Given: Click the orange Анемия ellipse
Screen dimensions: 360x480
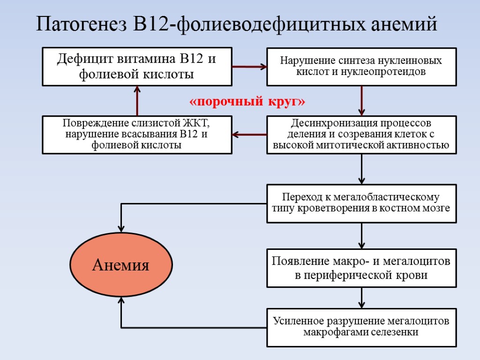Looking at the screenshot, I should coord(120,266).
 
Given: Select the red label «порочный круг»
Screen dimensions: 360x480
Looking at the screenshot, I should coord(247,102).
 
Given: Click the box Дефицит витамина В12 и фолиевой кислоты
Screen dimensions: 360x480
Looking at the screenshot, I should coord(137,67).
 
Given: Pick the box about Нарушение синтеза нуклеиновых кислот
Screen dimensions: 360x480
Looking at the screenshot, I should coord(361,67).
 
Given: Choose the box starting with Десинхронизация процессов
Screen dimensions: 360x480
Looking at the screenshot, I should coord(361,135).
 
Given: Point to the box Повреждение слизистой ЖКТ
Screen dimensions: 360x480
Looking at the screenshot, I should coord(137,135).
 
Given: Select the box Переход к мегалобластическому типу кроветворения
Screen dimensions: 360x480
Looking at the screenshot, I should coord(361,203).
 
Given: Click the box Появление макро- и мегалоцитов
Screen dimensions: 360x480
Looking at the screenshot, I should coord(361,268).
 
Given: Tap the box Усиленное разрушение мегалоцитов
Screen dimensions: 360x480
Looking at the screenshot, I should coord(361,327).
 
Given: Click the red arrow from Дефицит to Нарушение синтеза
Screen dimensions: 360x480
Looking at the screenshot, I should coord(249,67).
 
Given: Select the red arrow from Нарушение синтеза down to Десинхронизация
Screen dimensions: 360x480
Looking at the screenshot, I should coord(361,100).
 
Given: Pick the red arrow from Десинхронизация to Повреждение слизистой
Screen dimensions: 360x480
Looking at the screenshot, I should coord(249,135).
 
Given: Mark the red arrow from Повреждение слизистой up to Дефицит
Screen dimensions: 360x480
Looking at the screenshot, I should coord(137,100).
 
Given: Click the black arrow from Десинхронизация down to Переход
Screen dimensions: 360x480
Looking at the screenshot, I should coord(361,169).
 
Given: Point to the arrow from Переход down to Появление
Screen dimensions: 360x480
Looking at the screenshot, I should coord(361,235).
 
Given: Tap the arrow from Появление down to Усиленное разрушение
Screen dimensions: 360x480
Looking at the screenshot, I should coord(361,297).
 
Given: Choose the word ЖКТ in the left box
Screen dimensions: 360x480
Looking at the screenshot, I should coord(197,124).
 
